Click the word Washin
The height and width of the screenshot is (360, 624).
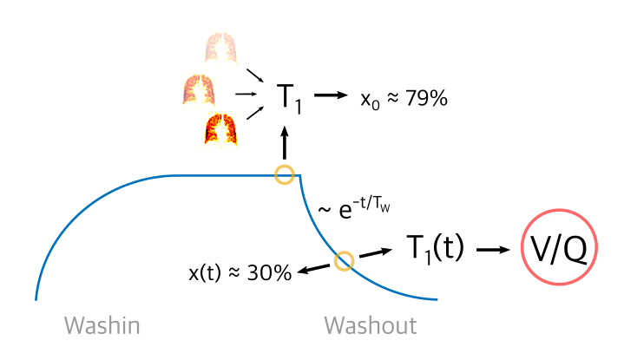(x=102, y=326)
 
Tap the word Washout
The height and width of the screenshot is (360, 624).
(x=370, y=326)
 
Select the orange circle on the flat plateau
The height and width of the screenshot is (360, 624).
(x=284, y=174)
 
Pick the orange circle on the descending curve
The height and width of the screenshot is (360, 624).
(x=344, y=260)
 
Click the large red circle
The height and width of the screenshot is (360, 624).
(x=559, y=246)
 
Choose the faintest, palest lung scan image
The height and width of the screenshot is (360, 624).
(x=220, y=47)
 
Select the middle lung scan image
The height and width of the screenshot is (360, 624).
(x=198, y=91)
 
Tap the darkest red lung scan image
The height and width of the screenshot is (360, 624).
(x=221, y=130)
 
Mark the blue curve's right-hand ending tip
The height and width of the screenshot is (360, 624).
(x=436, y=299)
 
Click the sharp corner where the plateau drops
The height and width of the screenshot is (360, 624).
(x=299, y=176)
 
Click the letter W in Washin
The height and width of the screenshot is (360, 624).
(x=74, y=326)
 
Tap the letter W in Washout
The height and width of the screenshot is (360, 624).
(x=334, y=326)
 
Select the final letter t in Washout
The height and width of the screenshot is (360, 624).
(x=412, y=326)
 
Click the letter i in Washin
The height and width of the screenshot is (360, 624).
(x=122, y=326)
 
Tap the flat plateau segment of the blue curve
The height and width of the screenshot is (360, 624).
(x=226, y=175)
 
